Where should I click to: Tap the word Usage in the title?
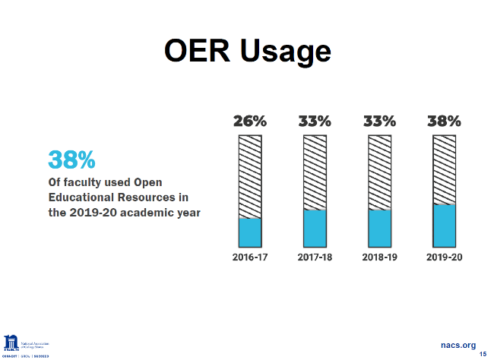pos(285,52)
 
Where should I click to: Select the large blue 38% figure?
pos(71,159)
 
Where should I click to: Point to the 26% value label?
pos(250,121)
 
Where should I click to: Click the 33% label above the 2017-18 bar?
pos(315,121)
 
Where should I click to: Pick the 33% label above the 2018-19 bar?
pos(379,121)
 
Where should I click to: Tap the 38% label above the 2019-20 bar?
pos(444,121)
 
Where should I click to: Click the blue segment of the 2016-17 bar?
pos(250,232)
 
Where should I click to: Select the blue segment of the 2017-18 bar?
pos(315,227)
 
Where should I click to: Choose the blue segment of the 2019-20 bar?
pos(444,225)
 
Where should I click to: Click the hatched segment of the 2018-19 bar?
pos(379,172)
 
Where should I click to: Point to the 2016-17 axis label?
pos(250,257)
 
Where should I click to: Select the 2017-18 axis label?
pos(315,257)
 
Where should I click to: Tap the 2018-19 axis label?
pos(379,257)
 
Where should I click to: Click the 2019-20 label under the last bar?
pos(444,257)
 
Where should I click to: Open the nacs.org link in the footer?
pos(458,345)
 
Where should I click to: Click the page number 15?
pos(483,354)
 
